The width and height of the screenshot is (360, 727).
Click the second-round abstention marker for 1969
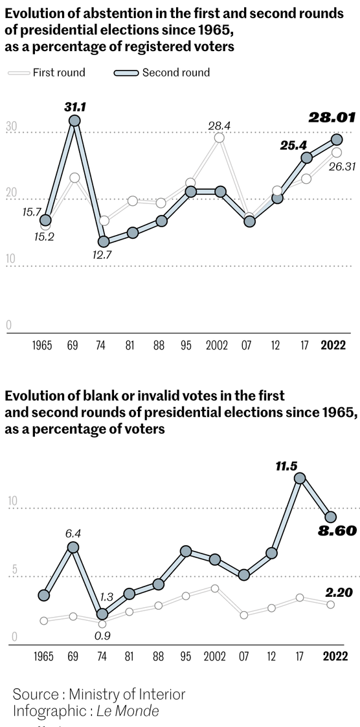(x=75, y=120)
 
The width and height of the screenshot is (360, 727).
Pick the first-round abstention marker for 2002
(x=219, y=138)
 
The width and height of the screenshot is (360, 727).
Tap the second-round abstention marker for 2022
(x=337, y=139)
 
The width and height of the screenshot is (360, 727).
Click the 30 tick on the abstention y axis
(x=11, y=127)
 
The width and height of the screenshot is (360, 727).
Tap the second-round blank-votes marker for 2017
(x=300, y=478)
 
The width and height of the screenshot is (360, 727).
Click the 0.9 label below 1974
(x=102, y=635)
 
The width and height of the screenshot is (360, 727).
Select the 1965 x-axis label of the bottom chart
(x=43, y=656)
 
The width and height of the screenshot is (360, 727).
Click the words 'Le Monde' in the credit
(x=128, y=711)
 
